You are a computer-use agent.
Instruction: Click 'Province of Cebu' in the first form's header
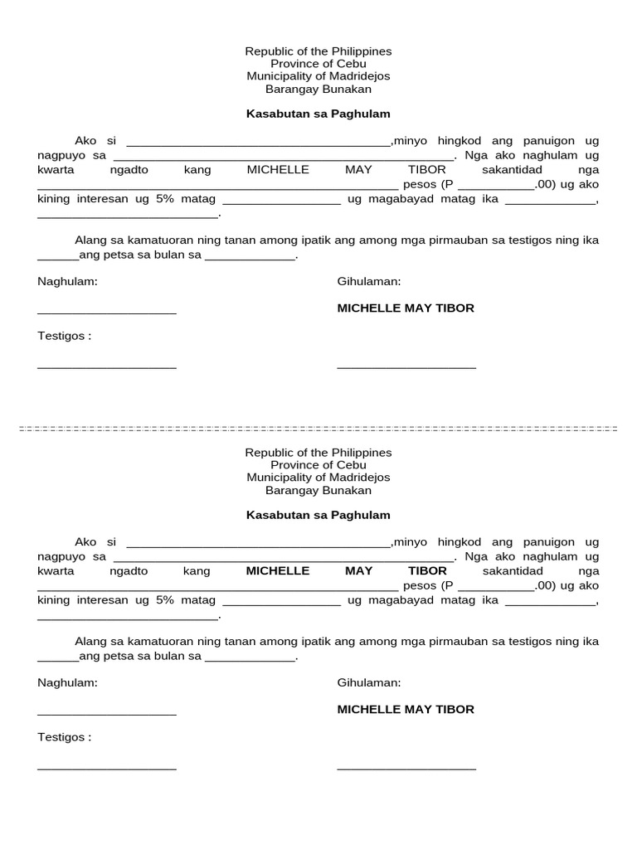pos(318,64)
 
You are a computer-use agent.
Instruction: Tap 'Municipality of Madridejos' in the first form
pos(318,76)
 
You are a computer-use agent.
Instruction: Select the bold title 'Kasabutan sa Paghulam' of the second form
pos(318,515)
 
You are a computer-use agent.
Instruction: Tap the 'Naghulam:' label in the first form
pos(67,282)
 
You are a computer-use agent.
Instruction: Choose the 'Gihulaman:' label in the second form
pos(368,683)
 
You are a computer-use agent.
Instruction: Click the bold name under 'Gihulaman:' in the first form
pos(406,308)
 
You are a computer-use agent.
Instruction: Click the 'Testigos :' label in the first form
pos(64,336)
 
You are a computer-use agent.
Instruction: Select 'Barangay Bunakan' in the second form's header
pos(318,491)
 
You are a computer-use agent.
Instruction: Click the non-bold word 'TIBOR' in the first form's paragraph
pos(426,170)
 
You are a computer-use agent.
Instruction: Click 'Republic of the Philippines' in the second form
pos(318,453)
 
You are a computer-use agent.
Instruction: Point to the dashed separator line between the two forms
pos(318,429)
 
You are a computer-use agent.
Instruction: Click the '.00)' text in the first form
pos(544,185)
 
